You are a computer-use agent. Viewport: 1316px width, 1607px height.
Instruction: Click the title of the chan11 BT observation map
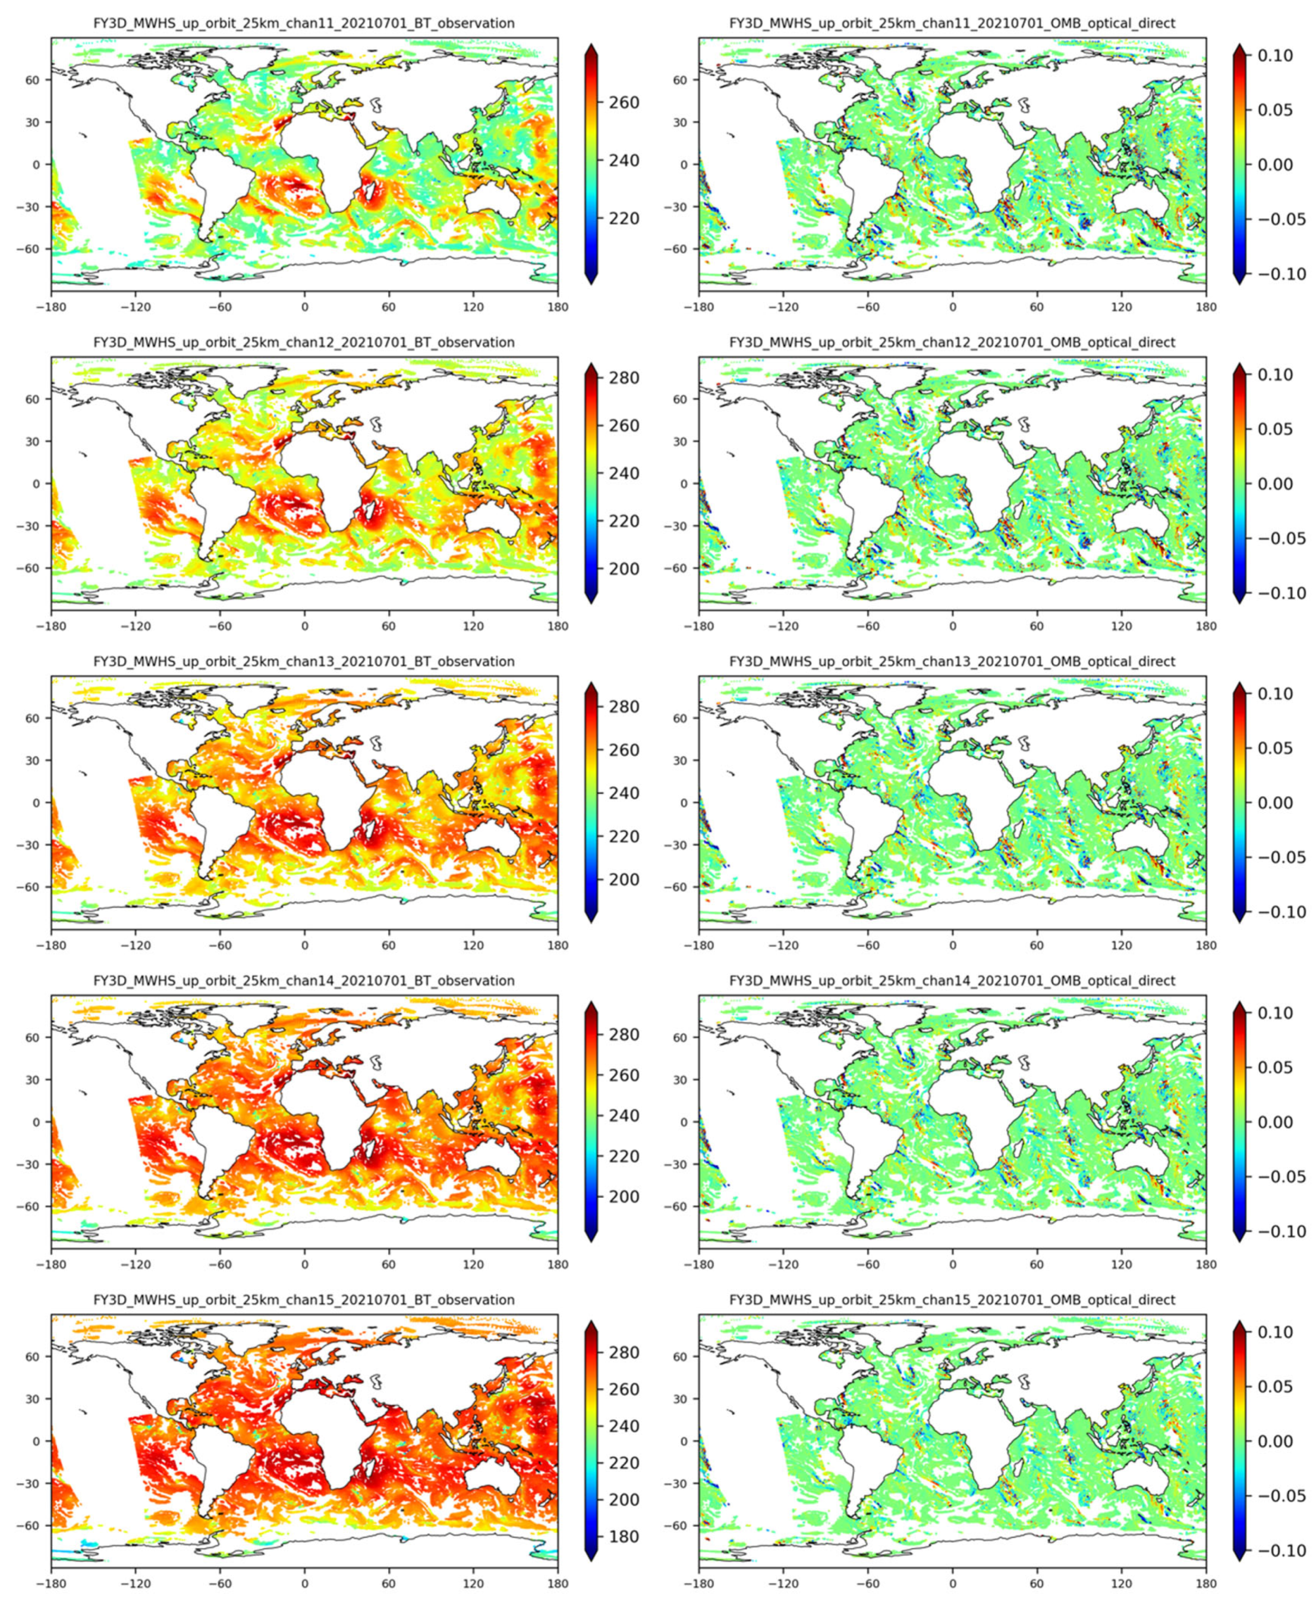(x=304, y=24)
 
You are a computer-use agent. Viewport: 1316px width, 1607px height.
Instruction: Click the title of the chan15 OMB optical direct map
(x=952, y=1300)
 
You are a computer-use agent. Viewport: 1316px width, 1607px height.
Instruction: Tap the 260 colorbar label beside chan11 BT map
(x=624, y=102)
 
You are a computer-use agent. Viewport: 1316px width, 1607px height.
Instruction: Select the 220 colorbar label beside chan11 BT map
(x=624, y=218)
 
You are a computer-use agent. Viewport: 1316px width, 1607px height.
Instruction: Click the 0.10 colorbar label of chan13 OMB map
(x=1275, y=694)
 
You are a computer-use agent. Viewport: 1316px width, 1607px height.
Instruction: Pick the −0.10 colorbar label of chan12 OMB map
(x=1275, y=593)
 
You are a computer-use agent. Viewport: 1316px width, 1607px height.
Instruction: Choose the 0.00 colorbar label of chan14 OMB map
(x=1275, y=1122)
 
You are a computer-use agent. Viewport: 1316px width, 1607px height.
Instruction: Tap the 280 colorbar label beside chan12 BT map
(x=624, y=378)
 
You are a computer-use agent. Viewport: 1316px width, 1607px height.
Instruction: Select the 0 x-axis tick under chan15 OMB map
(x=952, y=1583)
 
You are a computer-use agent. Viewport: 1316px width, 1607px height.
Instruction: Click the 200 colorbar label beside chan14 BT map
(x=624, y=1197)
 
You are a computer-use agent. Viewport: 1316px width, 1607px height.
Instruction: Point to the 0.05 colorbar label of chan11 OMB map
(x=1275, y=111)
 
